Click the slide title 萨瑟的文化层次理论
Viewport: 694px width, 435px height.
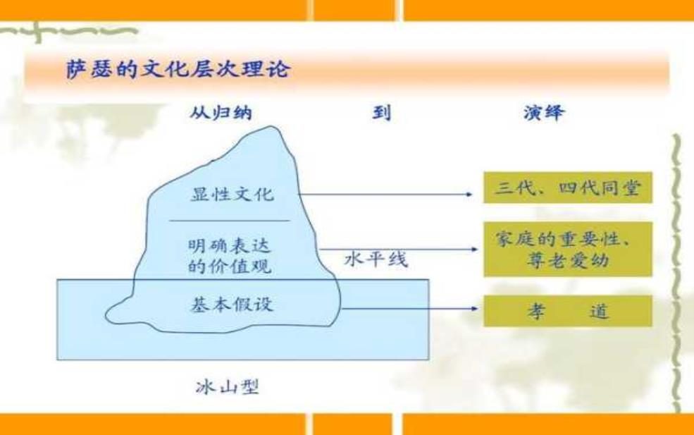point(178,69)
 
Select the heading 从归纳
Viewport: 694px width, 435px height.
point(221,113)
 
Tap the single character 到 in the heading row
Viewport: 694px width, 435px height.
point(381,113)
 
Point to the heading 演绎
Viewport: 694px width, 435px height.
point(544,113)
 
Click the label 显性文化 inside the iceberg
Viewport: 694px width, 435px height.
point(233,194)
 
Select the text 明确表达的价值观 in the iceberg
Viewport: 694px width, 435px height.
point(229,256)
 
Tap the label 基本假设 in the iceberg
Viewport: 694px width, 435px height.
point(232,305)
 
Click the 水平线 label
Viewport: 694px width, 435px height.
point(376,259)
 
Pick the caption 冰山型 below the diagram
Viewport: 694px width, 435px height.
point(227,387)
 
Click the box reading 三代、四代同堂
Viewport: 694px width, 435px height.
point(568,188)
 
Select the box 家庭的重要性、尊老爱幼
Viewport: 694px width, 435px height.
point(568,250)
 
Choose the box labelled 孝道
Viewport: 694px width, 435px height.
point(568,311)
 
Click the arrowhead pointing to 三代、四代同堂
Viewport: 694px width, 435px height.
point(470,194)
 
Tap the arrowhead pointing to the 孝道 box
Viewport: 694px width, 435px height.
point(475,308)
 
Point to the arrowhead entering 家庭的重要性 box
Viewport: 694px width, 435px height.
point(475,249)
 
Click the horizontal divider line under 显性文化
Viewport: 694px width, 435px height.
point(230,220)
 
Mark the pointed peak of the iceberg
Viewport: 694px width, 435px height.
point(271,127)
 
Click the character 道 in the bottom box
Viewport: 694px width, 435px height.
point(600,312)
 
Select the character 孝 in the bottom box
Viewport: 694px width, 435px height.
point(536,312)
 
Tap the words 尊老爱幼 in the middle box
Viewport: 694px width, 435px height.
point(568,260)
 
